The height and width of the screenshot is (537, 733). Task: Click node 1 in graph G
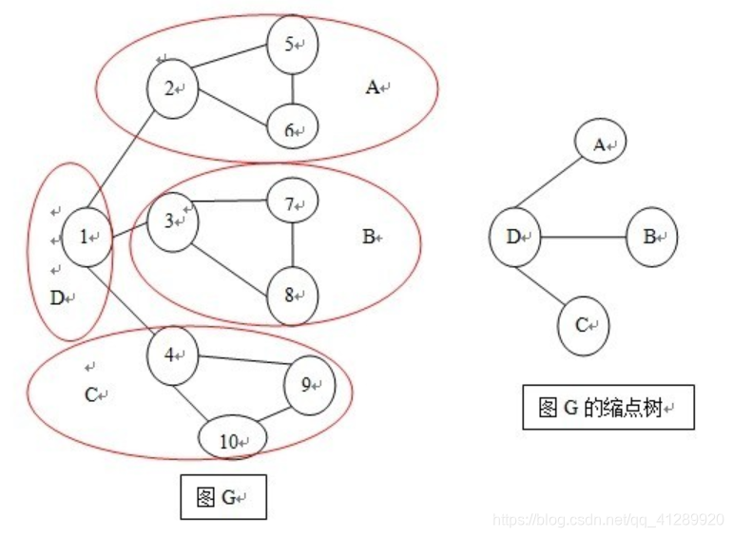coord(87,238)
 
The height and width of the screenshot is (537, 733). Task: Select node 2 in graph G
coord(171,89)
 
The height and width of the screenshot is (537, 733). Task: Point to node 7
coord(292,203)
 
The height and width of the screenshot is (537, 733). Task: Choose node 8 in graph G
coord(292,293)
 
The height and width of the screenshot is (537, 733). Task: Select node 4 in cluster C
coord(172,355)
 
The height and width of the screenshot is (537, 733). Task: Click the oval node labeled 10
coord(232,440)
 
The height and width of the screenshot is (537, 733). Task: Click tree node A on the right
coord(601,144)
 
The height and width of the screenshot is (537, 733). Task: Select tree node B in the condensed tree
coord(652,237)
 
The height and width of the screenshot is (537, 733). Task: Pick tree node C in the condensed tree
coord(583,324)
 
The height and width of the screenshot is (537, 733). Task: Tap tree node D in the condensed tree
coord(514,237)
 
